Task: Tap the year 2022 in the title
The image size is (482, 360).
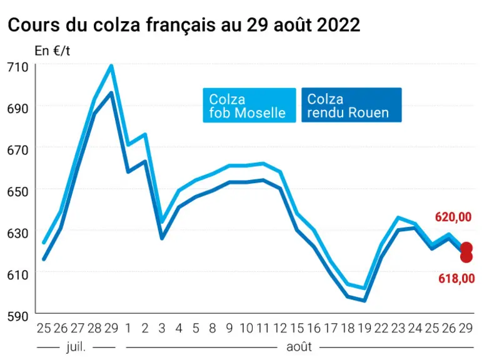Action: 338,25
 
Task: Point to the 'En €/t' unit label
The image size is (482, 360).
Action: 53,51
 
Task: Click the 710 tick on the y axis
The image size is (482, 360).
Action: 18,67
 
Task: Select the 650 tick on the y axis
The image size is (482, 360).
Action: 18,191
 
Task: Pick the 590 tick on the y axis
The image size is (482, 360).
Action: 18,316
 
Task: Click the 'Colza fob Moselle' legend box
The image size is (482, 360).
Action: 249,106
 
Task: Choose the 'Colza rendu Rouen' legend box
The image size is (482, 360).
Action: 351,105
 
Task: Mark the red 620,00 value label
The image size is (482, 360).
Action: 453,217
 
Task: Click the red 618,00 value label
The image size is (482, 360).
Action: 456,279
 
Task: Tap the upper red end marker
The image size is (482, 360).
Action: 466,247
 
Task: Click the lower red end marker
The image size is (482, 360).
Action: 466,256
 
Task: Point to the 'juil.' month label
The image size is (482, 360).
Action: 76,347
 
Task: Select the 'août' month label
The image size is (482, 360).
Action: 299,347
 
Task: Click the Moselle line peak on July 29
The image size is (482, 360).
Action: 111,66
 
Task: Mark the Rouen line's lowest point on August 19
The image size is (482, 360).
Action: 364,301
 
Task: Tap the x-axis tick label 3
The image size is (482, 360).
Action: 162,328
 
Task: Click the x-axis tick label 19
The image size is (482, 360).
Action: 364,328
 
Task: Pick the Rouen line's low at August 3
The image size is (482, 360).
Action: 162,238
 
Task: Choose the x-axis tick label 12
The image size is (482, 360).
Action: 280,328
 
